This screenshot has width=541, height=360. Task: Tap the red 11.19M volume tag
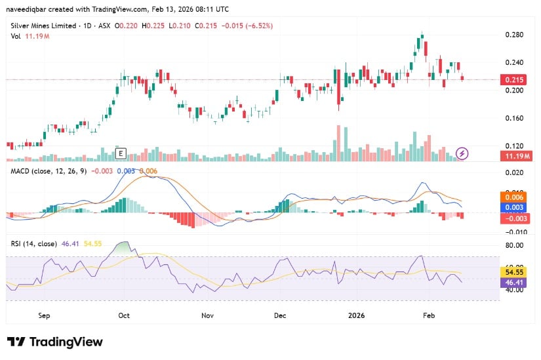pos(515,156)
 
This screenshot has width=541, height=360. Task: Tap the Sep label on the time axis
pos(44,315)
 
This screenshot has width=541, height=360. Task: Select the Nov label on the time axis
pos(207,315)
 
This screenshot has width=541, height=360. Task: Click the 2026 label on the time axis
pos(357,315)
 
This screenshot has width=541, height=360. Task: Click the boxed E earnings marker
pos(120,153)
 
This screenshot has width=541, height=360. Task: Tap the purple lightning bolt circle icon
pos(462,153)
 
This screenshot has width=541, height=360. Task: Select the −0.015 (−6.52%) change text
pos(247,26)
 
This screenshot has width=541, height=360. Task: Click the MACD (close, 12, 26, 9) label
pos(48,170)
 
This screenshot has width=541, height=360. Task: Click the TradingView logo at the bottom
pos(55,342)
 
